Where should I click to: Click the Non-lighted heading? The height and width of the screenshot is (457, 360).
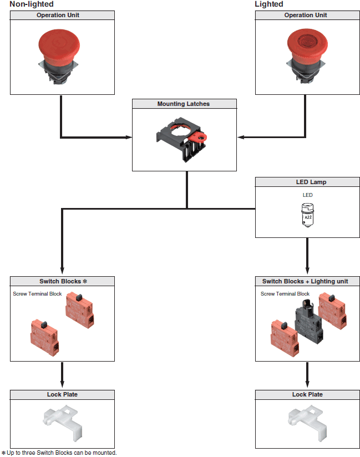click(32, 4)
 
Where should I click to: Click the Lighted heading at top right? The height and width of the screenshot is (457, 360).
click(269, 4)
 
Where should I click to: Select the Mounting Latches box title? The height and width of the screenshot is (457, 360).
click(184, 104)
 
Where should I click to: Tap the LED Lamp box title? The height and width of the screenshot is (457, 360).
click(307, 182)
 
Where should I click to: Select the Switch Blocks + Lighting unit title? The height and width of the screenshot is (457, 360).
click(305, 281)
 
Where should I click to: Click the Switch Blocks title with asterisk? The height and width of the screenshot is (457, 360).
click(63, 281)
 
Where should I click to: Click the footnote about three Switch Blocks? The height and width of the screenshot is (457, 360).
click(59, 453)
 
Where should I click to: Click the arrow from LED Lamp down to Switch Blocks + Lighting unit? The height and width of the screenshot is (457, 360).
click(307, 255)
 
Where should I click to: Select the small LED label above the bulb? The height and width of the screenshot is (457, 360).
click(307, 195)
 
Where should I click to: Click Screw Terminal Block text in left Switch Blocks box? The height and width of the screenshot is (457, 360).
click(37, 294)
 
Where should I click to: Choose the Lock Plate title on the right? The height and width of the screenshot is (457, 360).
click(307, 394)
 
